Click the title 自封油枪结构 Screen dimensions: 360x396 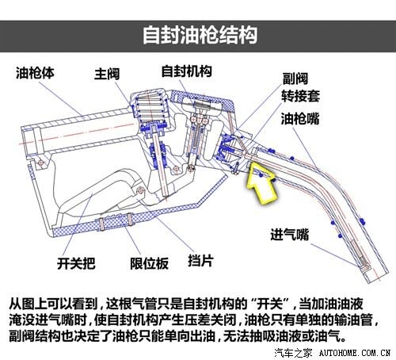[198, 36]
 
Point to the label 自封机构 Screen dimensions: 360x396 [186, 71]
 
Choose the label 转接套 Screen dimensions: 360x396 [303, 99]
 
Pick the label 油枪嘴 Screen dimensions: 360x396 [303, 119]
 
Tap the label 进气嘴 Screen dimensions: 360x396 [288, 235]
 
